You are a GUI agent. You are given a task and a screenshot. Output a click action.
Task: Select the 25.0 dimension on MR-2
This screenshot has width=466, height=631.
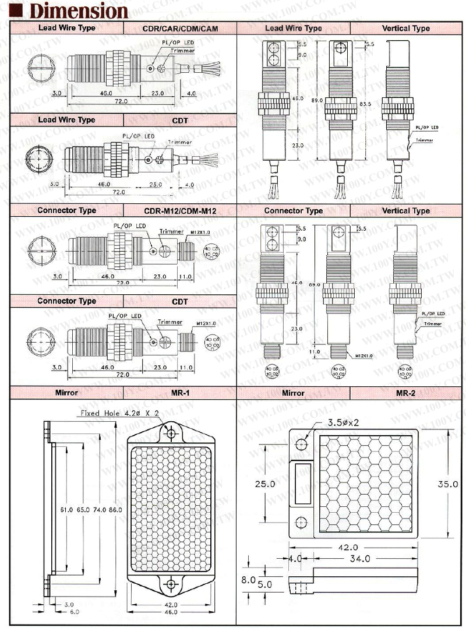pos(264,484)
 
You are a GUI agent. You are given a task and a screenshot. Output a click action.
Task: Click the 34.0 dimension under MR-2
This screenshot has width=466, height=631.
pos(360,559)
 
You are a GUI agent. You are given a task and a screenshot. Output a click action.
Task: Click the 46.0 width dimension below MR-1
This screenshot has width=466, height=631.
pos(171,612)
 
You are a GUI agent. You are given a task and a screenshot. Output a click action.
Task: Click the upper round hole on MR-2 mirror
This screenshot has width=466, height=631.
pos(301,445)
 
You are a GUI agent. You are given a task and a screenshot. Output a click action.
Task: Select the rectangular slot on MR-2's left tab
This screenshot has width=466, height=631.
pos(302,484)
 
